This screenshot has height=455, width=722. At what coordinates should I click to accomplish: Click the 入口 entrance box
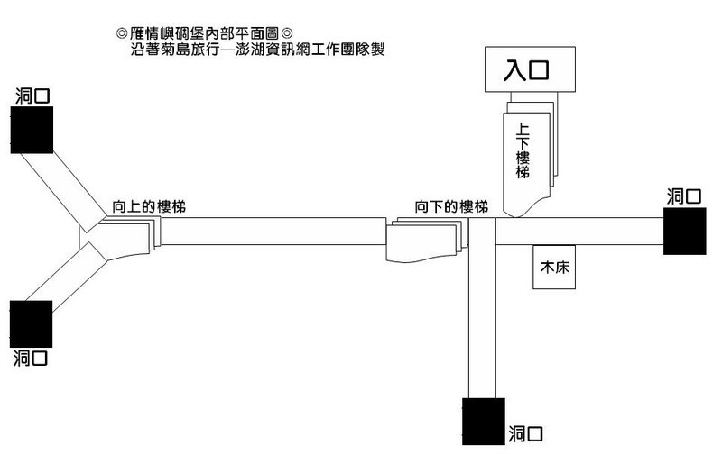pos(530,69)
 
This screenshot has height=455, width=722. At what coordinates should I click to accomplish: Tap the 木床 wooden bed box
pos(554,267)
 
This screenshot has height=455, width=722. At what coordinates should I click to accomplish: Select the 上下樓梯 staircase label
pos(523,150)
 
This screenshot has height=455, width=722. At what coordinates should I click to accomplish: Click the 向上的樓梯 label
pos(149,207)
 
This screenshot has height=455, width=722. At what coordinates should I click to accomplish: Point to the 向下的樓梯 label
pos(451,207)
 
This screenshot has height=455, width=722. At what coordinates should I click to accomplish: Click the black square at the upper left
pos(32,130)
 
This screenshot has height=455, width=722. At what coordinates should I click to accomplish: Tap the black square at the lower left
pos(32,324)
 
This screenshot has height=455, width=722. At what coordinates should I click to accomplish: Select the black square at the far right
pos(685,232)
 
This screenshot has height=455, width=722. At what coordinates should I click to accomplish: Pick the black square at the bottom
pos(484,422)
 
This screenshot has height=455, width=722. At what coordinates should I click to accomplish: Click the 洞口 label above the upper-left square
pos(32,96)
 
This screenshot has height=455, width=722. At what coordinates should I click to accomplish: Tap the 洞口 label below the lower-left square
pos(31,358)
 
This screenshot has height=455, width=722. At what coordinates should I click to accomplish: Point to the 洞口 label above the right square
pos(684,196)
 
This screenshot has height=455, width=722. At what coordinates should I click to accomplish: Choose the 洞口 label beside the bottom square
pos(526,434)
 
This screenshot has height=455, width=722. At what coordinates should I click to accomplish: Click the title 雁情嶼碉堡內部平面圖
pos(205,33)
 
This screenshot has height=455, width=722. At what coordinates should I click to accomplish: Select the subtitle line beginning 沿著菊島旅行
pos(257,49)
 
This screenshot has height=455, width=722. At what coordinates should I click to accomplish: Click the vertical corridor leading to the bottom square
pos(483,308)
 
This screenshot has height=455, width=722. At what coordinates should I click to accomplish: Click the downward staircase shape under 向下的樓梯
pos(427,241)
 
